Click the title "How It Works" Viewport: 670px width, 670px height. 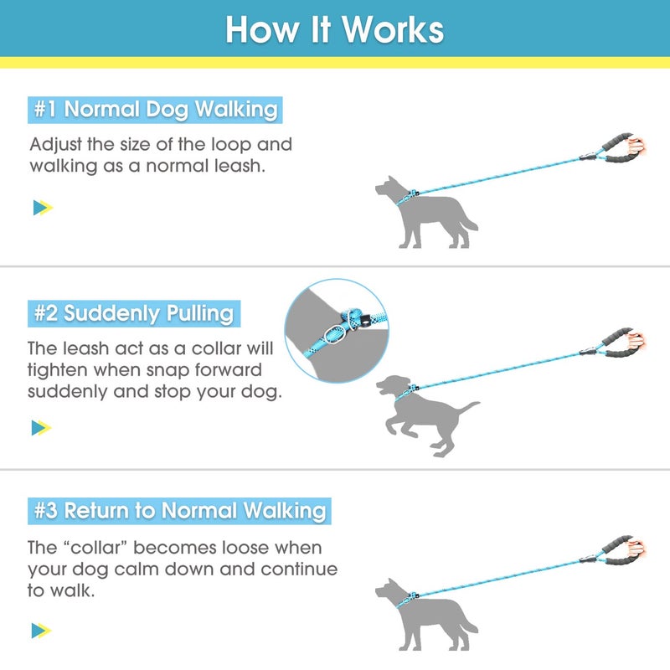click(x=335, y=29)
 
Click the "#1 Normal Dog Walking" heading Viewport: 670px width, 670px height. click(x=155, y=109)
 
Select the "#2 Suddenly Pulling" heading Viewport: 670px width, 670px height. click(x=134, y=314)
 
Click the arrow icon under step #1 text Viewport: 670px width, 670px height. click(x=42, y=208)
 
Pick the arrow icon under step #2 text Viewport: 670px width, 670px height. click(x=42, y=428)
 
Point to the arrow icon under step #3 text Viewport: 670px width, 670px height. click(x=42, y=630)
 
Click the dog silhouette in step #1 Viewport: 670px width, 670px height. click(x=423, y=214)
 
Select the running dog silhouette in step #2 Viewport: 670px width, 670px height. click(x=423, y=415)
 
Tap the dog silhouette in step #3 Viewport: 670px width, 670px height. click(x=423, y=616)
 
